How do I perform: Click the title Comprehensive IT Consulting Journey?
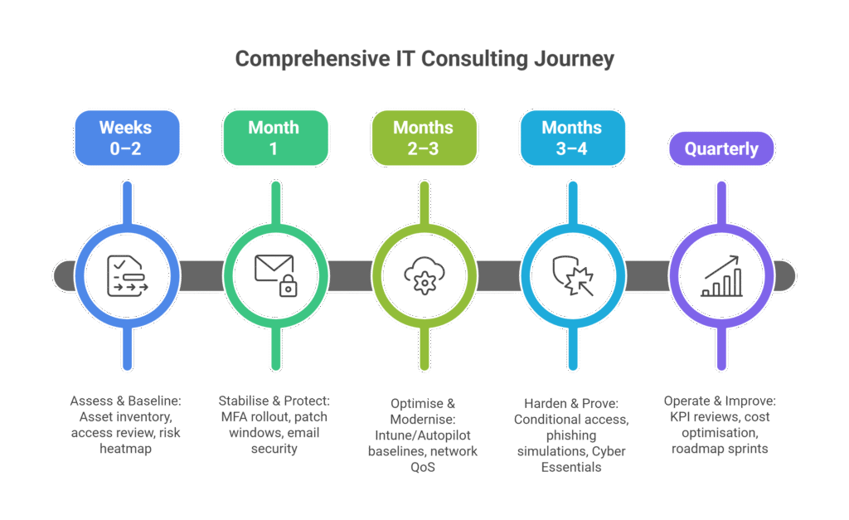tap(424, 60)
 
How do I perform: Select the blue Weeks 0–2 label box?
tap(126, 137)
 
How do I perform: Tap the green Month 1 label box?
tap(274, 137)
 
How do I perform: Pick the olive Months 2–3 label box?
tap(424, 137)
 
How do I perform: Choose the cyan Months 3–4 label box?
tap(572, 137)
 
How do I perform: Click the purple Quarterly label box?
tap(721, 150)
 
